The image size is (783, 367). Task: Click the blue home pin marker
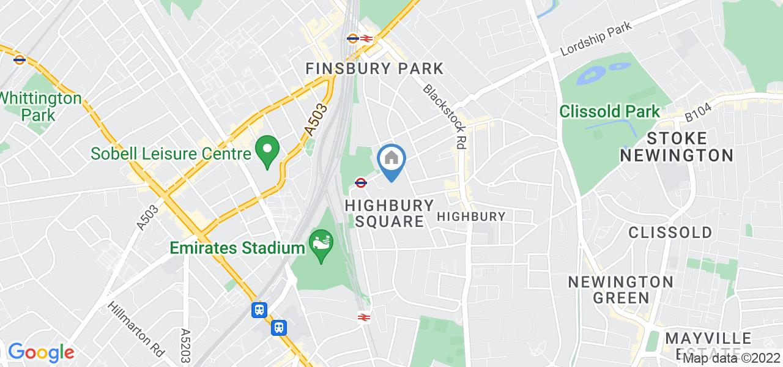click(391, 161)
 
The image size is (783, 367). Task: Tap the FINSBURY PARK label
click(374, 68)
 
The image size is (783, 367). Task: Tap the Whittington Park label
click(39, 106)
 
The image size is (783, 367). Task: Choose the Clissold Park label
click(610, 111)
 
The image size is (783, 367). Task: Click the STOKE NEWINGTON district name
click(676, 146)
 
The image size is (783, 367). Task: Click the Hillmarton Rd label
click(136, 329)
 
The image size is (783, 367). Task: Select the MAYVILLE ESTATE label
click(708, 346)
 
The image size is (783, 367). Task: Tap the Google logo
click(40, 352)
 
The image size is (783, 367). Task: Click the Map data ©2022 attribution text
click(732, 358)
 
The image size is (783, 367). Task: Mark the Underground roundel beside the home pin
click(361, 182)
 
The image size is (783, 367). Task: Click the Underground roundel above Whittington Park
click(20, 59)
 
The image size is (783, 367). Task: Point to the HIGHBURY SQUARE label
click(389, 213)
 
